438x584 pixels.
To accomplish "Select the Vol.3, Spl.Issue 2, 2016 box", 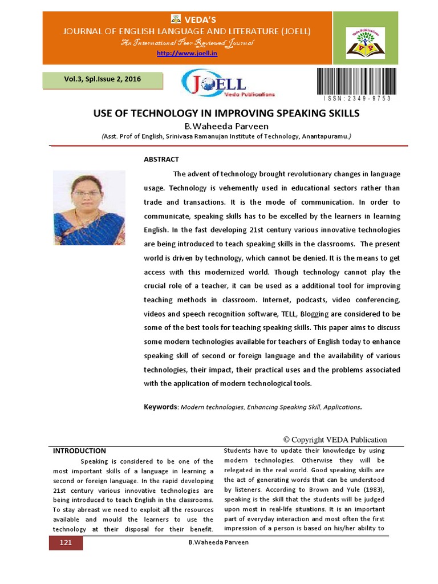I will coord(103,79).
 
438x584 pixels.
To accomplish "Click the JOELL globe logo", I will coord(229,85).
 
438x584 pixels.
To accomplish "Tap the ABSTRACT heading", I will coord(161,159).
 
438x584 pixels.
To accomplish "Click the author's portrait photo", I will coord(89,208).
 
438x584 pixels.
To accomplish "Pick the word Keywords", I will coord(161,407).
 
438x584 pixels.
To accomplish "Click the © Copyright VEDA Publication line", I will coord(335,439).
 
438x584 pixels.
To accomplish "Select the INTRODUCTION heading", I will coord(79,451).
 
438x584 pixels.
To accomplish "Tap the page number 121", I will coord(65,542).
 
